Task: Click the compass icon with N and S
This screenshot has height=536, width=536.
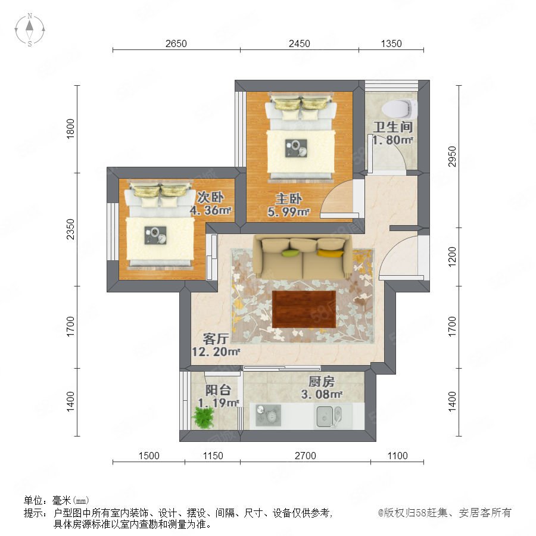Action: pyautogui.click(x=30, y=30)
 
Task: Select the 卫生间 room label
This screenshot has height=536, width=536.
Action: pyautogui.click(x=393, y=127)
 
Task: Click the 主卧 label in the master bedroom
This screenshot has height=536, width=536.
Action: pyautogui.click(x=289, y=198)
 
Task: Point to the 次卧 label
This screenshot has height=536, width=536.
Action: pyautogui.click(x=211, y=197)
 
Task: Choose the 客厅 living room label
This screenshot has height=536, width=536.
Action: pyautogui.click(x=216, y=338)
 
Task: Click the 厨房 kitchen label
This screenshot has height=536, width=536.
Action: pyautogui.click(x=322, y=381)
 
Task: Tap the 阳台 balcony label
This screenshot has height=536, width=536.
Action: pyautogui.click(x=219, y=389)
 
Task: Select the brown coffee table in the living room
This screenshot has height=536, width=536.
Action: pyautogui.click(x=304, y=309)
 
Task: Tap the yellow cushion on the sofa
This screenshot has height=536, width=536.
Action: pyautogui.click(x=330, y=253)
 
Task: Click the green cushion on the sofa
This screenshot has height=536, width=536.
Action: pyautogui.click(x=291, y=253)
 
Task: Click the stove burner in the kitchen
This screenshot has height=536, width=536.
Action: pyautogui.click(x=269, y=415)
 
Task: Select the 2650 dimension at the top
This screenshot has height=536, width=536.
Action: pyautogui.click(x=176, y=43)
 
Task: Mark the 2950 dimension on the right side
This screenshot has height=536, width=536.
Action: pyautogui.click(x=452, y=157)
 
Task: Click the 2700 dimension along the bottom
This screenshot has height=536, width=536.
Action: pyautogui.click(x=306, y=456)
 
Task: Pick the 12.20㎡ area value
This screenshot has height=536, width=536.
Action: pyautogui.click(x=216, y=351)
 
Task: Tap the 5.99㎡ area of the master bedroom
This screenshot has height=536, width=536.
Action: pyautogui.click(x=289, y=212)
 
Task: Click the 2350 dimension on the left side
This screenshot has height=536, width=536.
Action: pyautogui.click(x=70, y=229)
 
